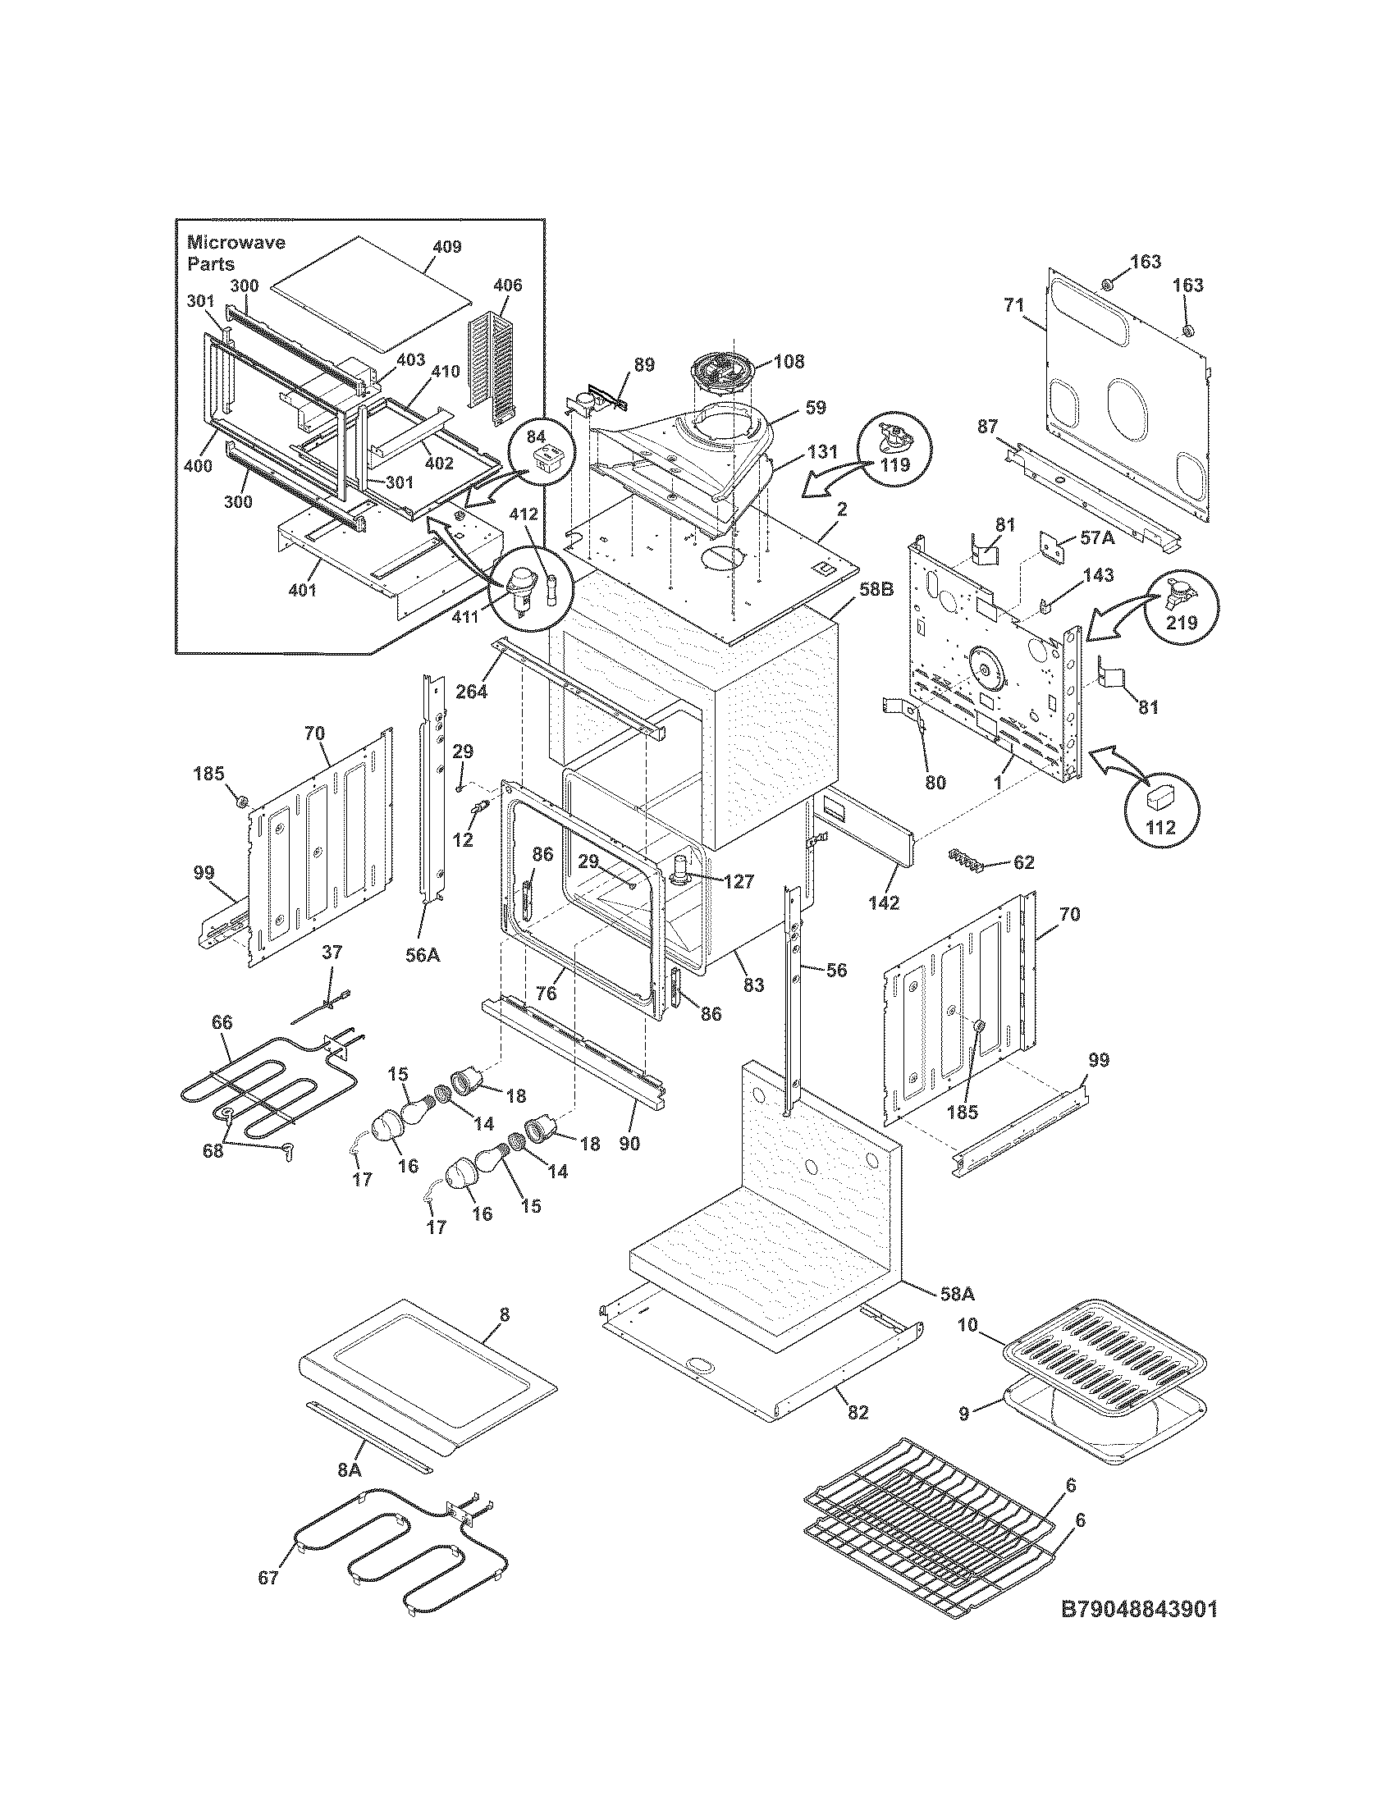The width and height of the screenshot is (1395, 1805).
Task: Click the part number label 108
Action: click(x=789, y=362)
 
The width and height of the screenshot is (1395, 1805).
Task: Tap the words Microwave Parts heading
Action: click(x=235, y=253)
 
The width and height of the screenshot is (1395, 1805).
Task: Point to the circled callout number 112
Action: click(x=1160, y=827)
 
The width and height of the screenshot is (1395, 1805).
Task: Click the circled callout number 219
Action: click(x=1181, y=624)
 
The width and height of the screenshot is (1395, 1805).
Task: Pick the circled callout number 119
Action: click(x=894, y=464)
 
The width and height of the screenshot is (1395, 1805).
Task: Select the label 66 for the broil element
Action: click(x=222, y=1022)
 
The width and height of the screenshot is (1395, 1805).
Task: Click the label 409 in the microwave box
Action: click(x=446, y=247)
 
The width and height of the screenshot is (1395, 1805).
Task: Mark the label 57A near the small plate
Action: click(x=1096, y=538)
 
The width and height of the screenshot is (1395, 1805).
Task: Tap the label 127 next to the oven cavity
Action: click(x=739, y=882)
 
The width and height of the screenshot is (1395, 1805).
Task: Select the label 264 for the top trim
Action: click(x=472, y=691)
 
